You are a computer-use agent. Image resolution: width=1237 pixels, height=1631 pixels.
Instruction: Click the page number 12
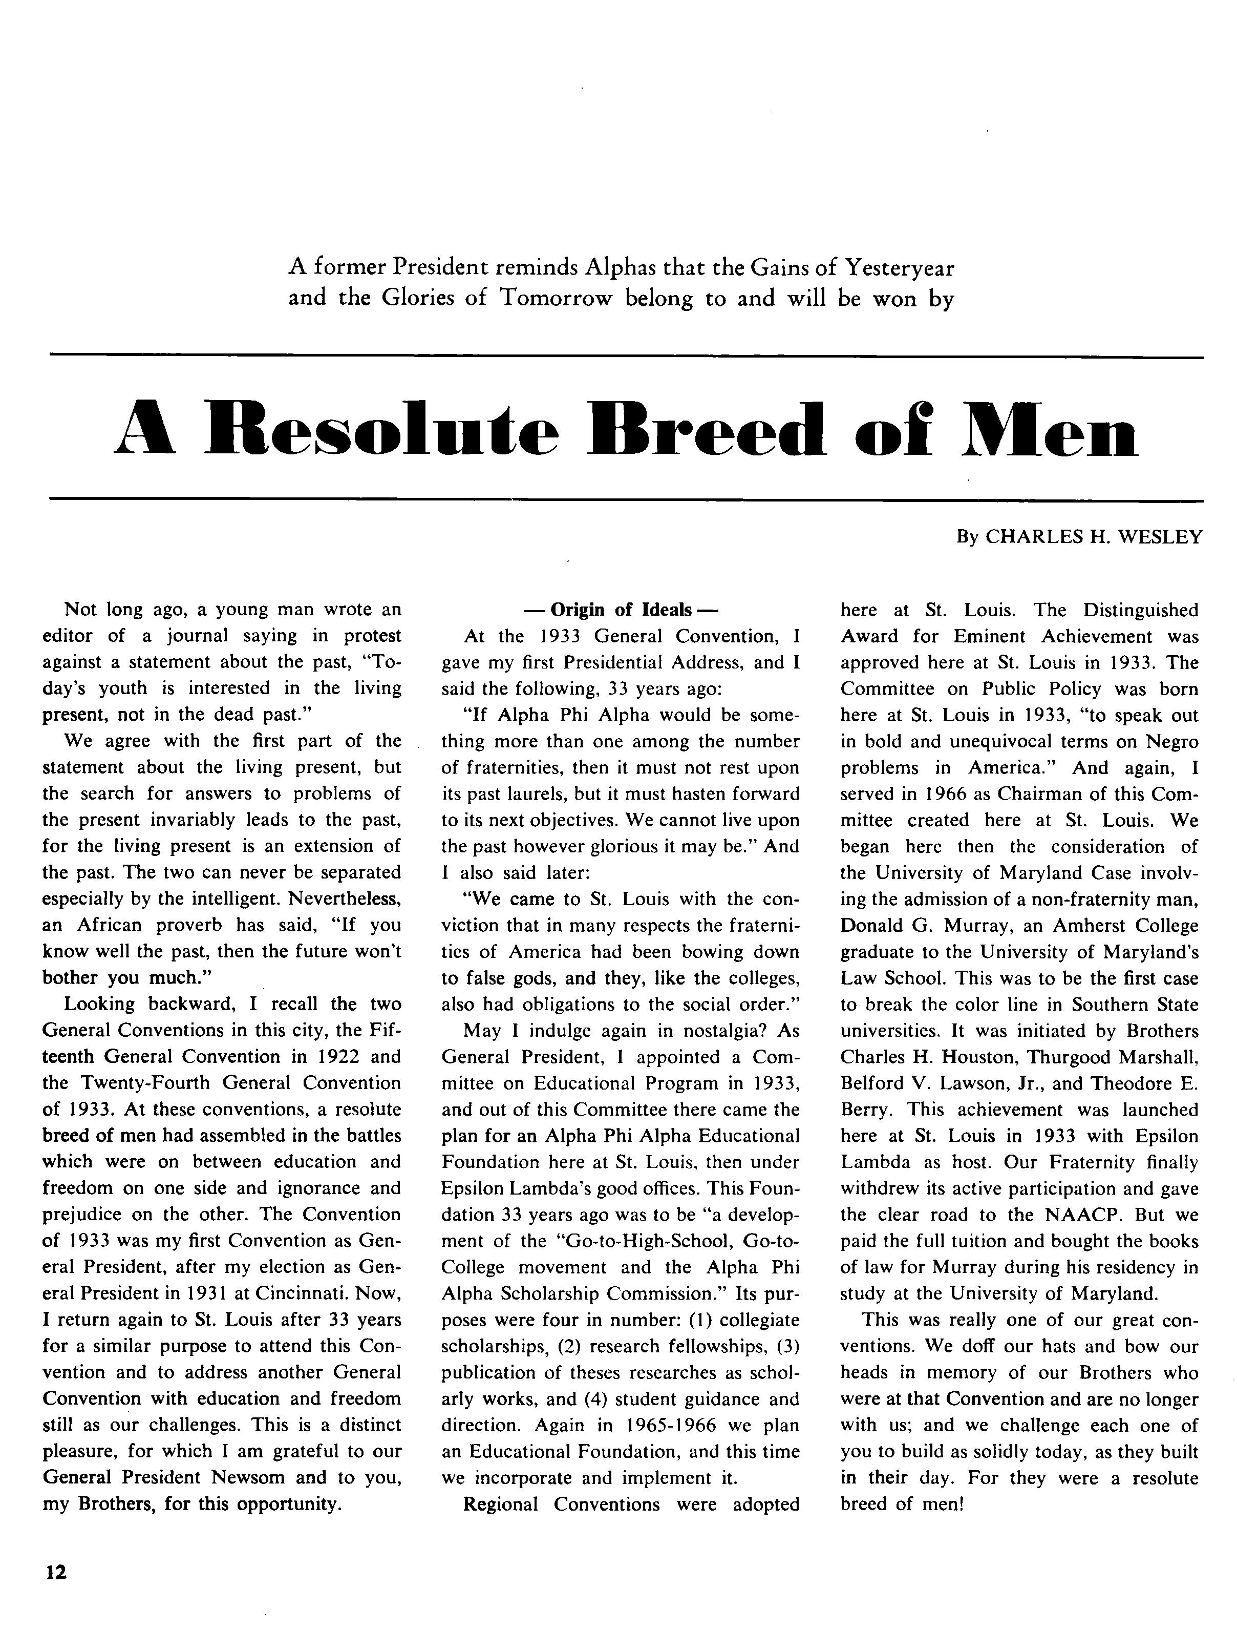tap(56, 1572)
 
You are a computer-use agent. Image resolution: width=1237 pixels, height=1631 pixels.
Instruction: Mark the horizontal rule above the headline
tap(627, 358)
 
